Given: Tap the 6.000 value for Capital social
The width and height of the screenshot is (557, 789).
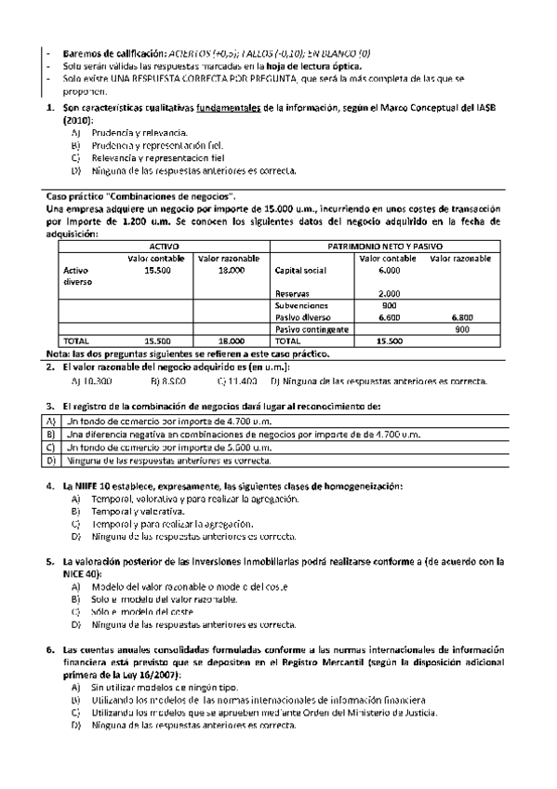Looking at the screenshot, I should [389, 270].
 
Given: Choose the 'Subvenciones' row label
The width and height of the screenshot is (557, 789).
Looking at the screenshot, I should [302, 305].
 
